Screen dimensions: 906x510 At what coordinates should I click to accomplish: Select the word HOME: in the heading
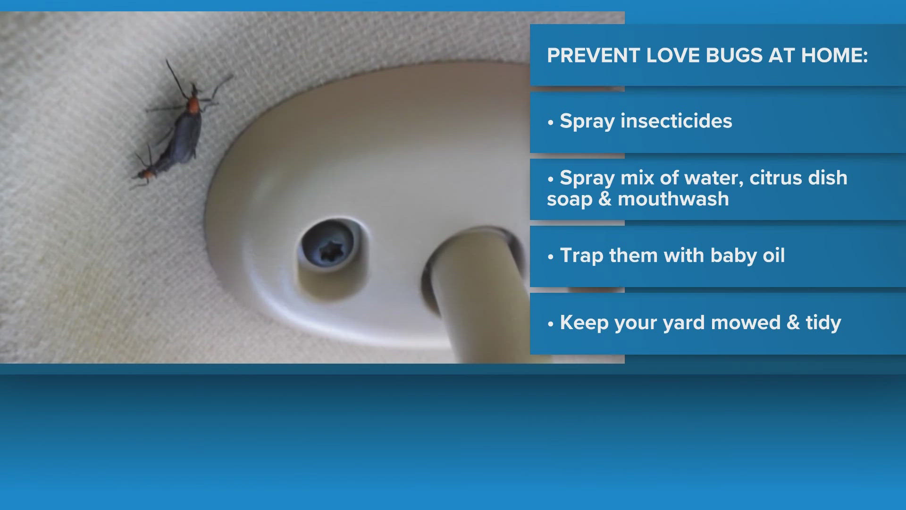[x=835, y=56]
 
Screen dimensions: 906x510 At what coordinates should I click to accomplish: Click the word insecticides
[x=676, y=121]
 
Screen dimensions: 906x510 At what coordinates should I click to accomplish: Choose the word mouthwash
[x=673, y=199]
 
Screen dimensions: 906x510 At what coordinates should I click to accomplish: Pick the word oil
[x=774, y=255]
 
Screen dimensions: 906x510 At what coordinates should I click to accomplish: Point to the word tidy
[x=823, y=323]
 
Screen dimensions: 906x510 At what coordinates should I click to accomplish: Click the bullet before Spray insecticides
[x=551, y=123]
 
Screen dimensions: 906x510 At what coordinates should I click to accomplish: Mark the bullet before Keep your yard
[x=551, y=324]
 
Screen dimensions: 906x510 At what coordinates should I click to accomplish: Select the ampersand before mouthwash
[x=605, y=199]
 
